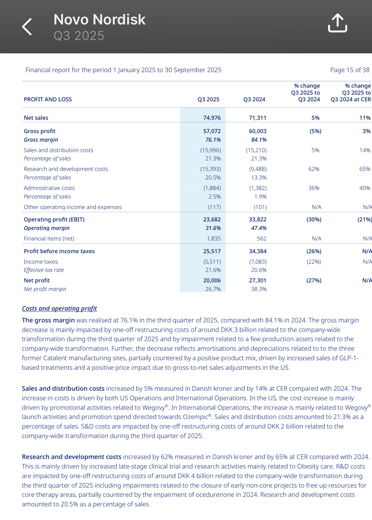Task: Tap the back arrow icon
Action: pyautogui.click(x=27, y=27)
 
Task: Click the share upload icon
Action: pyautogui.click(x=337, y=23)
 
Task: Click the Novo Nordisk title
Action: pyautogui.click(x=100, y=20)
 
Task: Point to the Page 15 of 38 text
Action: pyautogui.click(x=350, y=70)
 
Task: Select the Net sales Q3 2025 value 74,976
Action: pyautogui.click(x=212, y=118)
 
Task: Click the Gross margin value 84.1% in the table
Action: pyautogui.click(x=259, y=140)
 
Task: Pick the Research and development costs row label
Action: pyautogui.click(x=66, y=169)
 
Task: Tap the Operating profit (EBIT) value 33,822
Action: pyautogui.click(x=258, y=219)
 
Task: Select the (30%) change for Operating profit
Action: pyautogui.click(x=314, y=219)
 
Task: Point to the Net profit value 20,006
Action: pyautogui.click(x=212, y=280)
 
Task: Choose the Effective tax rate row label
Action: pyautogui.click(x=44, y=270)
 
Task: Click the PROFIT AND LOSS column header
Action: pyautogui.click(x=48, y=99)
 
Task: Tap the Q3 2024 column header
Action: pyautogui.click(x=254, y=99)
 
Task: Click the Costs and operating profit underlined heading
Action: pyautogui.click(x=59, y=308)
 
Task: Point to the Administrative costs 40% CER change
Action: pyautogui.click(x=365, y=188)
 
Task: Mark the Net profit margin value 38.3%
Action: pyautogui.click(x=259, y=289)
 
